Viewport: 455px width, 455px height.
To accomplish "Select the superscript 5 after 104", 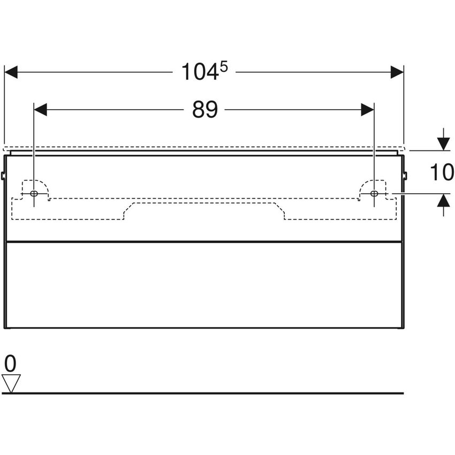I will [224, 66].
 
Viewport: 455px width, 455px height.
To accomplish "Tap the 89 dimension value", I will [205, 110].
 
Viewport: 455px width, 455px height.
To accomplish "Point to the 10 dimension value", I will [443, 172].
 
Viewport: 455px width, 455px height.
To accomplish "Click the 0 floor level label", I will [11, 364].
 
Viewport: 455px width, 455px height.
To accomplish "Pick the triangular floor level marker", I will [11, 383].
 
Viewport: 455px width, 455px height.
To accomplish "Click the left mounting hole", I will [34, 193].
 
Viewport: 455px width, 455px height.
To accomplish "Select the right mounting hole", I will [374, 193].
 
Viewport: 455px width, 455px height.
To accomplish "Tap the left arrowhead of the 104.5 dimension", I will [11, 72].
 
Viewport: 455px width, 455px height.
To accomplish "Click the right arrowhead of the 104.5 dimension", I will [397, 72].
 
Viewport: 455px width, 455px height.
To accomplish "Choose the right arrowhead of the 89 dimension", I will [367, 110].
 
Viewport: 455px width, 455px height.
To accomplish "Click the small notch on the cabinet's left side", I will [4, 175].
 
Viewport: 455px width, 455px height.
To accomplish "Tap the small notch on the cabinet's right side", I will [405, 175].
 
